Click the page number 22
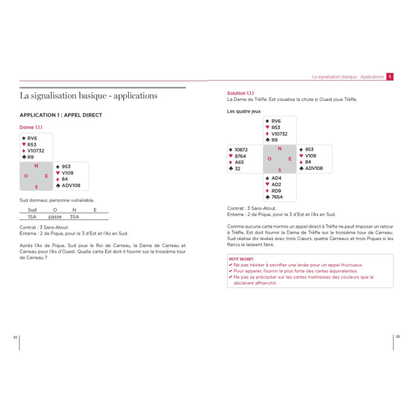coord(15,336)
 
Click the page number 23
coord(397,336)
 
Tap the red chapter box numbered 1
coord(390,77)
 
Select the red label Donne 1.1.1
coord(31,127)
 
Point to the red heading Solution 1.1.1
coord(240,93)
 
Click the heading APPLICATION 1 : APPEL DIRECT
coord(61,115)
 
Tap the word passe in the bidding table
coord(55,217)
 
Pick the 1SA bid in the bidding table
coord(32,217)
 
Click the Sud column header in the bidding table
coord(32,210)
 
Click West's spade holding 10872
coord(241,150)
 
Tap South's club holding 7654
coord(277,197)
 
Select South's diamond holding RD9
coord(276,191)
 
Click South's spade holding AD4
coord(276,178)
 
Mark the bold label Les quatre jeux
coord(244,111)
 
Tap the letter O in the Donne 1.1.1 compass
coord(26,176)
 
